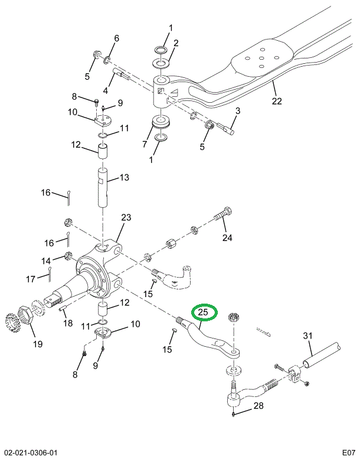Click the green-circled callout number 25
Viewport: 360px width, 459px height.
(x=203, y=312)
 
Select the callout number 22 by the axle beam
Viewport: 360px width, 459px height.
(x=277, y=100)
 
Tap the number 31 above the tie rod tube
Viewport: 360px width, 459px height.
(x=307, y=336)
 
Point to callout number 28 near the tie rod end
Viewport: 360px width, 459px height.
(x=258, y=406)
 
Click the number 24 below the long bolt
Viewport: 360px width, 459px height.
(x=228, y=238)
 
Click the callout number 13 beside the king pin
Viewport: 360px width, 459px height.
(x=124, y=178)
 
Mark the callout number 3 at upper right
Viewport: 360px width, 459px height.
(x=238, y=110)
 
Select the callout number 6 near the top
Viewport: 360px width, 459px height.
(x=116, y=38)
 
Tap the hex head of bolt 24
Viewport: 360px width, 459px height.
(x=228, y=211)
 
